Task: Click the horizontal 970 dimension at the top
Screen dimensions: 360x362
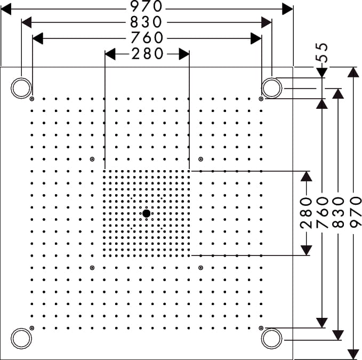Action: pyautogui.click(x=147, y=7)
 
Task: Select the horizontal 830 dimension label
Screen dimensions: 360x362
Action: pyautogui.click(x=147, y=22)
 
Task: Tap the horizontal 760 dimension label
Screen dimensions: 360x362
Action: pyautogui.click(x=147, y=38)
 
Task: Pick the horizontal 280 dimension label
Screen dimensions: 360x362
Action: pyautogui.click(x=147, y=53)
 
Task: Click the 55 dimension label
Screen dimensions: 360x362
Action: pyautogui.click(x=322, y=53)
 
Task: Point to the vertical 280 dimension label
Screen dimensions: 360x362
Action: pyautogui.click(x=306, y=212)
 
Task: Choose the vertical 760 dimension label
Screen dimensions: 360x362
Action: pyautogui.click(x=321, y=212)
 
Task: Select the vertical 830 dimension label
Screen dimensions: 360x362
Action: pyautogui.click(x=337, y=212)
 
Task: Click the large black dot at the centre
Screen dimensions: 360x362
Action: pyautogui.click(x=147, y=213)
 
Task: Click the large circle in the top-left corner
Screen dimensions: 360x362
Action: pyautogui.click(x=21, y=87)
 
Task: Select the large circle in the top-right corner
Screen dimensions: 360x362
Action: pyautogui.click(x=272, y=87)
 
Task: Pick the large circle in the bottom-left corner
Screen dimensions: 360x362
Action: pyautogui.click(x=21, y=338)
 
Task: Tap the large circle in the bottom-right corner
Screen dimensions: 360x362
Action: pyautogui.click(x=272, y=338)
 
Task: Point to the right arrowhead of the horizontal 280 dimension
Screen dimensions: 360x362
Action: pyautogui.click(x=184, y=53)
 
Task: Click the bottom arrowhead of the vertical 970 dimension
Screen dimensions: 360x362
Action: pyautogui.click(x=352, y=353)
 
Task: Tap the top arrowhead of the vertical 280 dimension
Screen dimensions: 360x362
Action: pyautogui.click(x=306, y=177)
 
